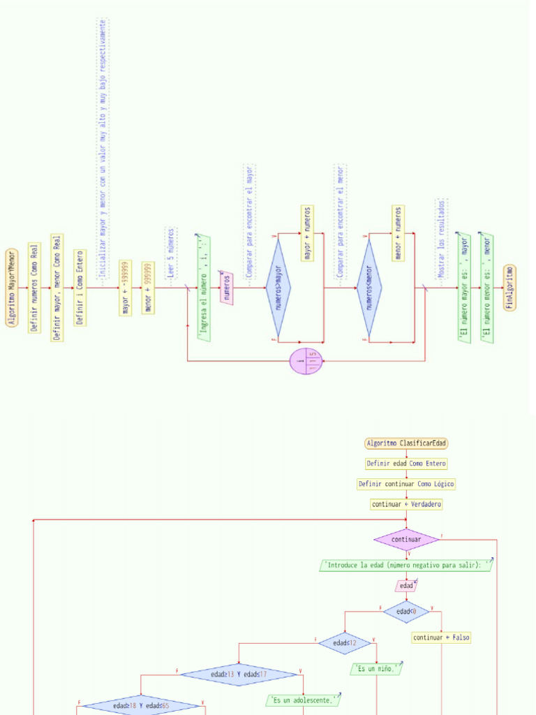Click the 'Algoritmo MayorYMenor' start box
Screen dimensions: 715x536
(12, 287)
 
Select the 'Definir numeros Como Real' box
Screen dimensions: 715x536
(35, 287)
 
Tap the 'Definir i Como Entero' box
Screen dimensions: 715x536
(80, 287)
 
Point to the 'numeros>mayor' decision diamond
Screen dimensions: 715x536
(278, 287)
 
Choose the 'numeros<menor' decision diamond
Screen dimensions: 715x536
(369, 287)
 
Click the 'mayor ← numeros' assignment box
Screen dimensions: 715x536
(307, 233)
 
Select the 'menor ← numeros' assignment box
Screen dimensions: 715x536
(398, 233)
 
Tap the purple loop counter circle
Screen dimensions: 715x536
(306, 361)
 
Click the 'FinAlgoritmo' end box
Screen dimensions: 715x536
(510, 287)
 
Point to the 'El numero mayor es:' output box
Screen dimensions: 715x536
(464, 287)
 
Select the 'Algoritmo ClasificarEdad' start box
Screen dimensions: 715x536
(407, 443)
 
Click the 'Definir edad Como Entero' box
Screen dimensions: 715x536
(407, 464)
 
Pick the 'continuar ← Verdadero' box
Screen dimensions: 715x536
(407, 504)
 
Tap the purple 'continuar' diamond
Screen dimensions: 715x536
(407, 539)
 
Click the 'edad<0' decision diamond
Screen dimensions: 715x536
(406, 612)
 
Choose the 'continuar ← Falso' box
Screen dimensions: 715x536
(441, 637)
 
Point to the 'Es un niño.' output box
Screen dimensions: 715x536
(377, 669)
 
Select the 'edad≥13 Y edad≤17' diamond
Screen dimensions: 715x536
(239, 675)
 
